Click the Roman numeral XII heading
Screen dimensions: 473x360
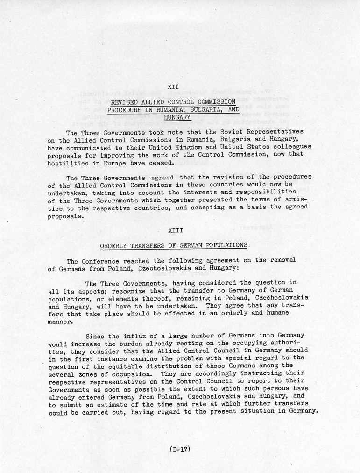point(173,86)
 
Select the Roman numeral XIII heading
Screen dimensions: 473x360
point(173,230)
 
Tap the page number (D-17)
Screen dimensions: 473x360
point(179,450)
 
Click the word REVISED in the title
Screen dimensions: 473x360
point(124,101)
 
